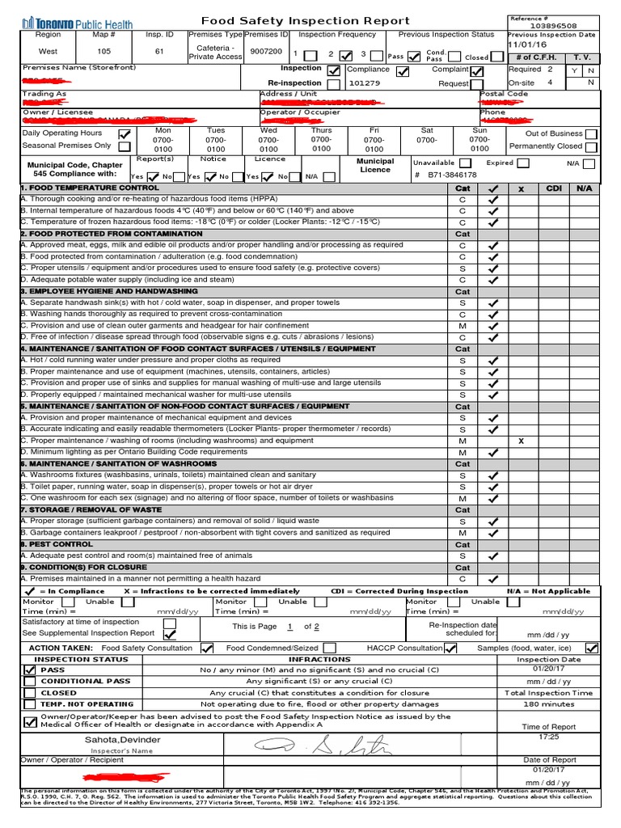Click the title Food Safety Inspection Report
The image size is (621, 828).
point(305,21)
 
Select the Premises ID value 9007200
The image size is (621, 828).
point(266,51)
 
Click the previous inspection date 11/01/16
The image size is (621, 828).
point(528,45)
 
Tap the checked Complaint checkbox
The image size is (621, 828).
point(477,70)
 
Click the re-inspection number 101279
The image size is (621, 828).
point(364,82)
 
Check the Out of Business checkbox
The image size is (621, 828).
point(592,133)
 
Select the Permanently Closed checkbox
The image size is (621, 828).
point(592,146)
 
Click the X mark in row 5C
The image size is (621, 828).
point(521,441)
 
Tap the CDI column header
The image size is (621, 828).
point(553,188)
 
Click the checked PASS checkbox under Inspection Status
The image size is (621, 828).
point(30,670)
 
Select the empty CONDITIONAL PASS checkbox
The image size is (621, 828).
point(30,682)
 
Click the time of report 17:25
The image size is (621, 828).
point(549,737)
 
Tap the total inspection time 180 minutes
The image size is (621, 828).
point(549,704)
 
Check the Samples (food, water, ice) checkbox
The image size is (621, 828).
point(592,648)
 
